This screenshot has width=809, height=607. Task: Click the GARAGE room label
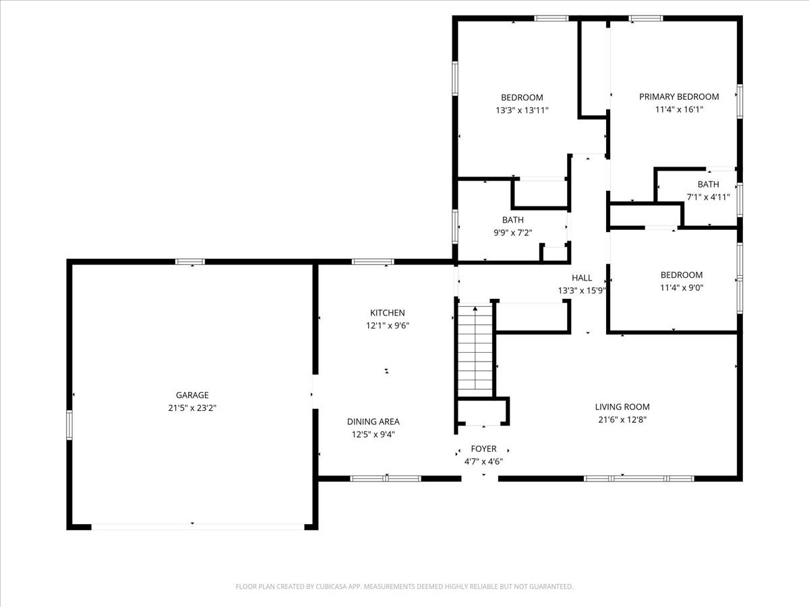coord(192,395)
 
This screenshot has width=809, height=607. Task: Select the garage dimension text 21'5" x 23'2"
coord(192,408)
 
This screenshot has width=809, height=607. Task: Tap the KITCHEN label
coord(388,313)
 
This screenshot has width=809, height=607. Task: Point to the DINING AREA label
coord(373,422)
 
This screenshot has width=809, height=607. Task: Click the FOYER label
coord(483,449)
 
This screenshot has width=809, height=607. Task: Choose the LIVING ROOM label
coord(622,407)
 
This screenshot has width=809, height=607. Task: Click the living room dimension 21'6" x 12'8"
coord(622,420)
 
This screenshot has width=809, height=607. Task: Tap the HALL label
coord(582,278)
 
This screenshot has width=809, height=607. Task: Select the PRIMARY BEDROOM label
coord(679,97)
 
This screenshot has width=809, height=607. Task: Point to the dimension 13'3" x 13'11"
coord(522,110)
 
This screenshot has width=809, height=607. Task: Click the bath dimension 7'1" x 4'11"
coord(708,197)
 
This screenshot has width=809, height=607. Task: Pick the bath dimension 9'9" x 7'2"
coord(512,233)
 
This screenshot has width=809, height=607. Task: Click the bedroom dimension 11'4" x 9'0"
coord(682,288)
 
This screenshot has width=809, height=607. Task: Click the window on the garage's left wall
coord(69,425)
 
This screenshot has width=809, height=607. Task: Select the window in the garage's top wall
coord(190,262)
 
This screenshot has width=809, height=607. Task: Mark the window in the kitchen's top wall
coord(373,262)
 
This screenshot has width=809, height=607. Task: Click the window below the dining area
coord(386,479)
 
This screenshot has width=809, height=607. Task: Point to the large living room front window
coord(639,479)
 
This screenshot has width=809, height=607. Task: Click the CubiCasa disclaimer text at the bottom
coord(404,586)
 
